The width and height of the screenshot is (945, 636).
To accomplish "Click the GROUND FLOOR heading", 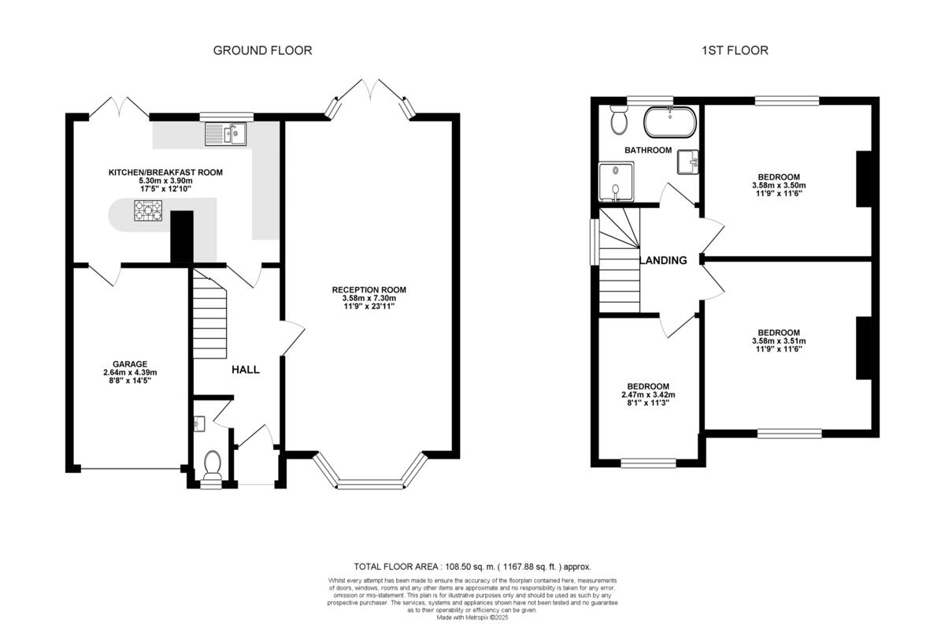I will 262,50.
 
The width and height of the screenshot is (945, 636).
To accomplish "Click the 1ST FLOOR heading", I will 735,50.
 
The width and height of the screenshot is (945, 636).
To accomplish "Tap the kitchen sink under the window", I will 226,134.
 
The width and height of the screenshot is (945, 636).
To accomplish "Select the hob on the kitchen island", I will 147,210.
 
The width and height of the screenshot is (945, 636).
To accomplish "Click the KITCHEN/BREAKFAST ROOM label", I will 165,172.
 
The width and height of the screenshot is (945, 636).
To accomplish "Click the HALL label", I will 245,370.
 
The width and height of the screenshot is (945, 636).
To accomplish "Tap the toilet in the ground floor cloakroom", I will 212,465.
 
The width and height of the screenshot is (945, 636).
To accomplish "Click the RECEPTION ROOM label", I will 369,289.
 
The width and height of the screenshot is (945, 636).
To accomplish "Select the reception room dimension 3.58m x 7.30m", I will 369,298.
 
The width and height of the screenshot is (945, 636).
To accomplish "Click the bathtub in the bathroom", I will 669,122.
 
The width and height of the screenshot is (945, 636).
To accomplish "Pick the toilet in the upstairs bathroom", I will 618,122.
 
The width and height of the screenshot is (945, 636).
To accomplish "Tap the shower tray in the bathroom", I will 616,180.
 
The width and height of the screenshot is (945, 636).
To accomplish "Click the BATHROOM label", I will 648,150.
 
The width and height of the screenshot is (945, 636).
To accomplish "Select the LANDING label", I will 663,261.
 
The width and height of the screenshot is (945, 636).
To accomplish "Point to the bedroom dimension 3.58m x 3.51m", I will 779,341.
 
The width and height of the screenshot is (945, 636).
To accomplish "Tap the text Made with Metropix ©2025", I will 472,617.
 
